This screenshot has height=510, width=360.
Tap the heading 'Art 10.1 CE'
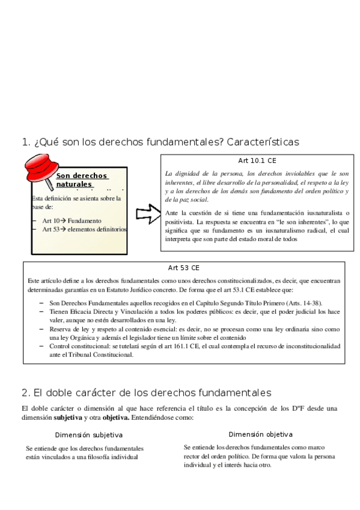(x=257, y=161)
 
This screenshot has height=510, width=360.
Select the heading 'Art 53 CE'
(x=184, y=268)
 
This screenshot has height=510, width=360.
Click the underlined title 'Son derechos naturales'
(x=82, y=180)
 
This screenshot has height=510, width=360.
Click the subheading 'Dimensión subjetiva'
(x=89, y=435)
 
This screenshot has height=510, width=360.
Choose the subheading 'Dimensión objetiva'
(x=261, y=434)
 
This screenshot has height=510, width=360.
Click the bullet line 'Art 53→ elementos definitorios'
(x=84, y=229)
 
